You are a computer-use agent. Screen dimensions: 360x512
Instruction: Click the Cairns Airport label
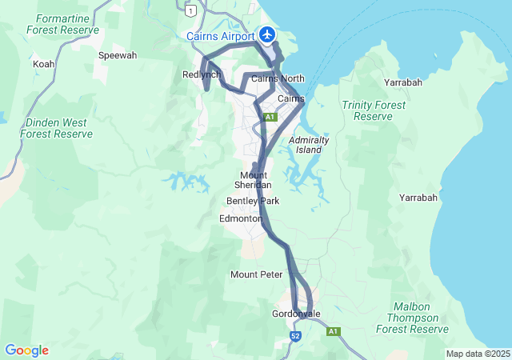click(x=220, y=36)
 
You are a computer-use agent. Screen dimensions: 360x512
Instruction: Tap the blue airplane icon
click(x=266, y=34)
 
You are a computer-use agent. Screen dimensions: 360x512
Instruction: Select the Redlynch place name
click(x=201, y=74)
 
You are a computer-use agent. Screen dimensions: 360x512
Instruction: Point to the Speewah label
click(x=118, y=56)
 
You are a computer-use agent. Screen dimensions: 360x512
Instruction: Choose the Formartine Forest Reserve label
click(x=62, y=23)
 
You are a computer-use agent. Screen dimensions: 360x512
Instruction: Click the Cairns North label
click(x=278, y=78)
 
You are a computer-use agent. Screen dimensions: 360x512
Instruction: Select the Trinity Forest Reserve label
click(x=367, y=110)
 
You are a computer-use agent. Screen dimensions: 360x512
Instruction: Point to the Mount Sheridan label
click(x=253, y=180)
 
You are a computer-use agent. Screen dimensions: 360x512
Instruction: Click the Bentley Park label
click(x=253, y=201)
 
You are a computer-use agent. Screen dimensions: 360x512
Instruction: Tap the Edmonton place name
click(x=240, y=218)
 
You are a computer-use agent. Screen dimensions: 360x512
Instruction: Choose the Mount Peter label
click(x=257, y=274)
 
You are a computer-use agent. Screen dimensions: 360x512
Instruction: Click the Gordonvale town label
click(x=296, y=314)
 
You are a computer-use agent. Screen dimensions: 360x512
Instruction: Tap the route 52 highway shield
click(x=295, y=337)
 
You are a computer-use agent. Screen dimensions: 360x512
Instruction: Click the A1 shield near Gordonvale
click(x=333, y=330)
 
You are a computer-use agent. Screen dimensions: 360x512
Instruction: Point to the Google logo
click(x=26, y=350)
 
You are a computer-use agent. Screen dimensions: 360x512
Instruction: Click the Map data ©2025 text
click(x=478, y=354)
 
